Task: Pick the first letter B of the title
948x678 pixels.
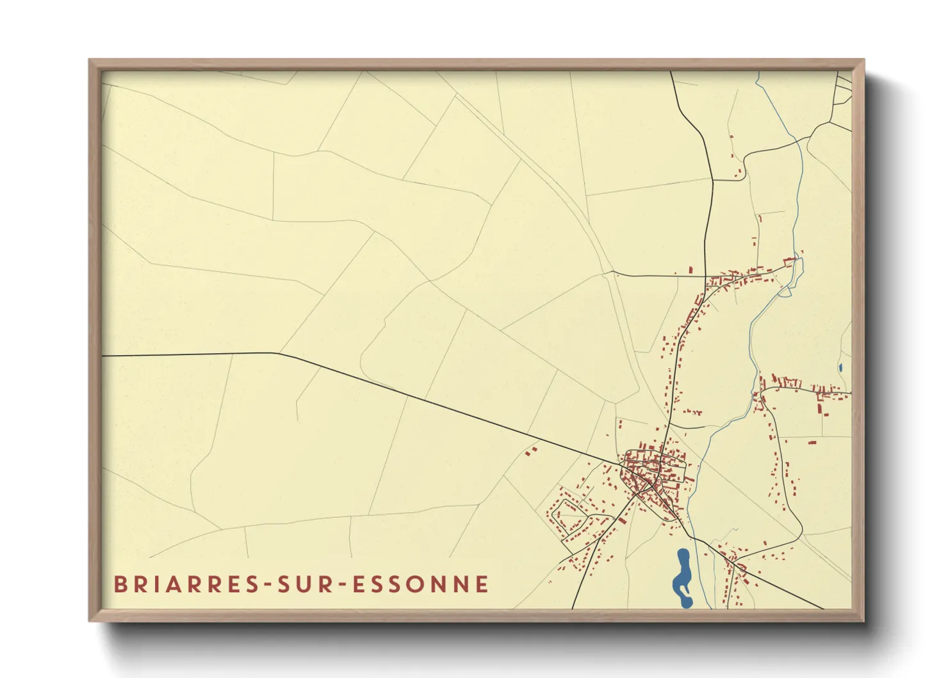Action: pyautogui.click(x=120, y=584)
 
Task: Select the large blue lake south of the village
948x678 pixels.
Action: pyautogui.click(x=682, y=577)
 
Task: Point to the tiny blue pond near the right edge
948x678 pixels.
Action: pyautogui.click(x=840, y=368)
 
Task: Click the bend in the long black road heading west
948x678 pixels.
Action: pyautogui.click(x=277, y=353)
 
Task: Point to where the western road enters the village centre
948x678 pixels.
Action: pyautogui.click(x=623, y=463)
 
